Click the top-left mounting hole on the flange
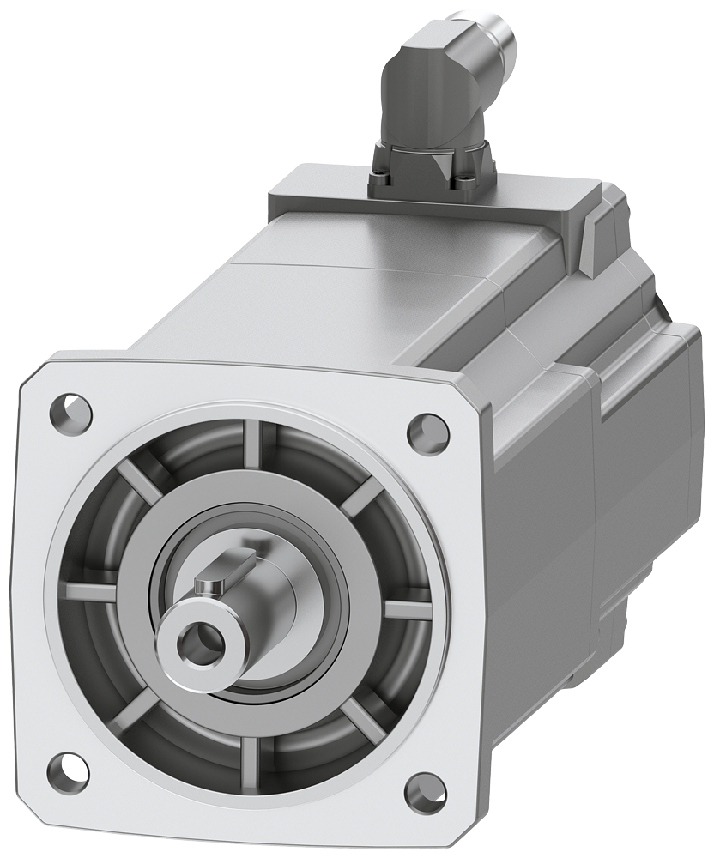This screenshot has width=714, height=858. (x=71, y=413)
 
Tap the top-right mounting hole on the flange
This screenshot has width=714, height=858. (x=427, y=433)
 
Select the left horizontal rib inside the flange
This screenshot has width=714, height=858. (x=90, y=591)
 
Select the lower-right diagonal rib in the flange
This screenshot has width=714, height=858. (x=361, y=721)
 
